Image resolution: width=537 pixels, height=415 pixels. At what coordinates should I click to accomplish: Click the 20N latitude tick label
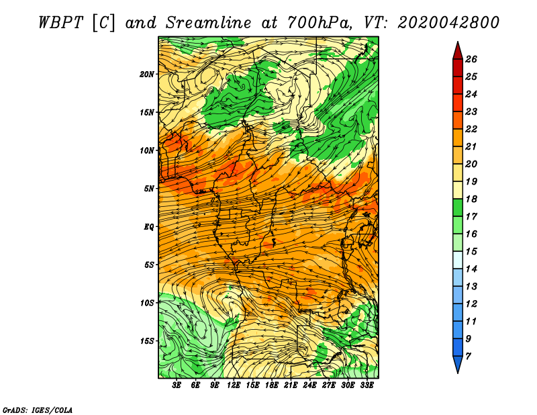146,75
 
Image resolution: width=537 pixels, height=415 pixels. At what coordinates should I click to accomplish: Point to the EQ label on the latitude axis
149,227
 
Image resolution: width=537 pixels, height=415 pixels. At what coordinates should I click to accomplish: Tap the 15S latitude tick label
147,341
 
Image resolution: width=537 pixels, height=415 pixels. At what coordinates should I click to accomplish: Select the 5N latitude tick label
149,189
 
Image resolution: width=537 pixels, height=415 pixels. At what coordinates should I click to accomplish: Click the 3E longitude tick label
177,385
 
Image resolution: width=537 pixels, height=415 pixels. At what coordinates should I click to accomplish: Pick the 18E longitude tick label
272,385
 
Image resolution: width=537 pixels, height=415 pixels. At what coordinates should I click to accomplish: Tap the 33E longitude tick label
367,385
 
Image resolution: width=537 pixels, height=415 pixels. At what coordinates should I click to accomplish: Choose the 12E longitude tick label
233,385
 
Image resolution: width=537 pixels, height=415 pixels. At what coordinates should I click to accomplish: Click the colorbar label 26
471,59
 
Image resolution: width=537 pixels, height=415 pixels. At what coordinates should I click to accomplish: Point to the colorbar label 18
471,199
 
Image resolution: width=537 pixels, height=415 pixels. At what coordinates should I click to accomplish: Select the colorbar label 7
468,357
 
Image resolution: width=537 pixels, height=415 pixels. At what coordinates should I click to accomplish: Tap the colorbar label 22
471,129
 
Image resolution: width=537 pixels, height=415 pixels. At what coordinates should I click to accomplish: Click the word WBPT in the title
61,23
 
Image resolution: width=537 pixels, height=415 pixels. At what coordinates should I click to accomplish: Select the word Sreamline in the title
209,23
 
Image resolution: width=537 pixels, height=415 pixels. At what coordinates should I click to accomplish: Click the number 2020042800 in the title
448,23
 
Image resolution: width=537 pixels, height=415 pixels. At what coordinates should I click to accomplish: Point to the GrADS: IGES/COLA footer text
38,410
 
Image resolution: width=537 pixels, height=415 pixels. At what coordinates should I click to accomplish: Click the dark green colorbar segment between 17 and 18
458,207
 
